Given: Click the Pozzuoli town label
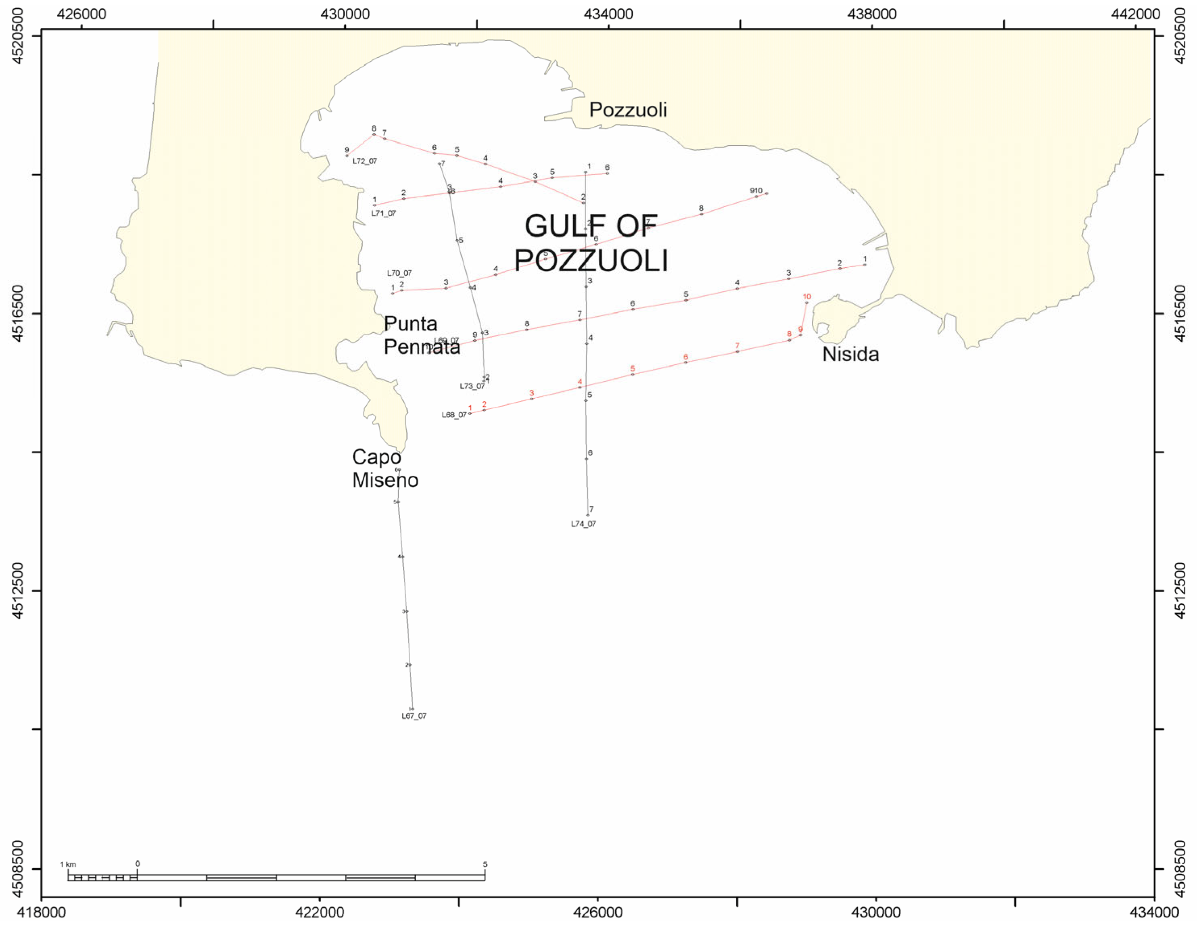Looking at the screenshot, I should coord(628,110).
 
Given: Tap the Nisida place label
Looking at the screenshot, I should coord(850,354).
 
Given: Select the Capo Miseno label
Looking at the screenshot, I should coord(385,468).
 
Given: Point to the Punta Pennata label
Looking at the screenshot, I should coord(422,335).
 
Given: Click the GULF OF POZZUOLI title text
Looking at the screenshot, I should coord(591,243).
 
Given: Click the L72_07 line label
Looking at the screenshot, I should coord(364,161).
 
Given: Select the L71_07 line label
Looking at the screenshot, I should coord(383,213).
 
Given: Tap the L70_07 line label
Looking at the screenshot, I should coord(399,273).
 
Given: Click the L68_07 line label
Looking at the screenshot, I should coord(454,415).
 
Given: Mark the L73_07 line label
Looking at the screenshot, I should coord(472,386).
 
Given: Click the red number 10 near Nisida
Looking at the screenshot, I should coord(807,297).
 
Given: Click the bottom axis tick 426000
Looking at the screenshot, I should coord(598,912).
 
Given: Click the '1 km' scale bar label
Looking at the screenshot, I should coord(68,864).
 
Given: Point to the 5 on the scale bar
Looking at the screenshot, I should coord(485,864).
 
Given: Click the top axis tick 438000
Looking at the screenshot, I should coord(871,14).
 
